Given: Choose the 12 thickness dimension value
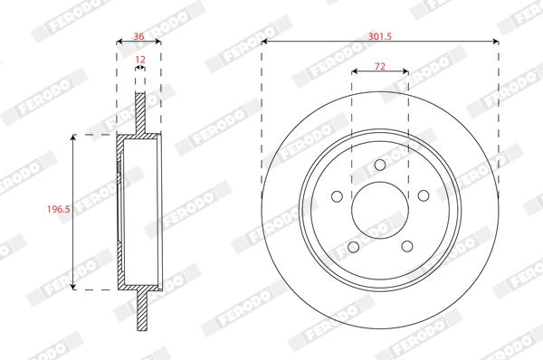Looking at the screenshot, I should pos(139,60).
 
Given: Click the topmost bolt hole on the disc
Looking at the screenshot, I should pos(380,165).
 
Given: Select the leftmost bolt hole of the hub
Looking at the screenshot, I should pos(337,196).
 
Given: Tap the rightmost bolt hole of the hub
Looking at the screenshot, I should pos(423,195).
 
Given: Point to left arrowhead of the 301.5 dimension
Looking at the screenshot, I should pos(265,41).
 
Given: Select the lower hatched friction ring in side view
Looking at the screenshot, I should pos(140,312).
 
